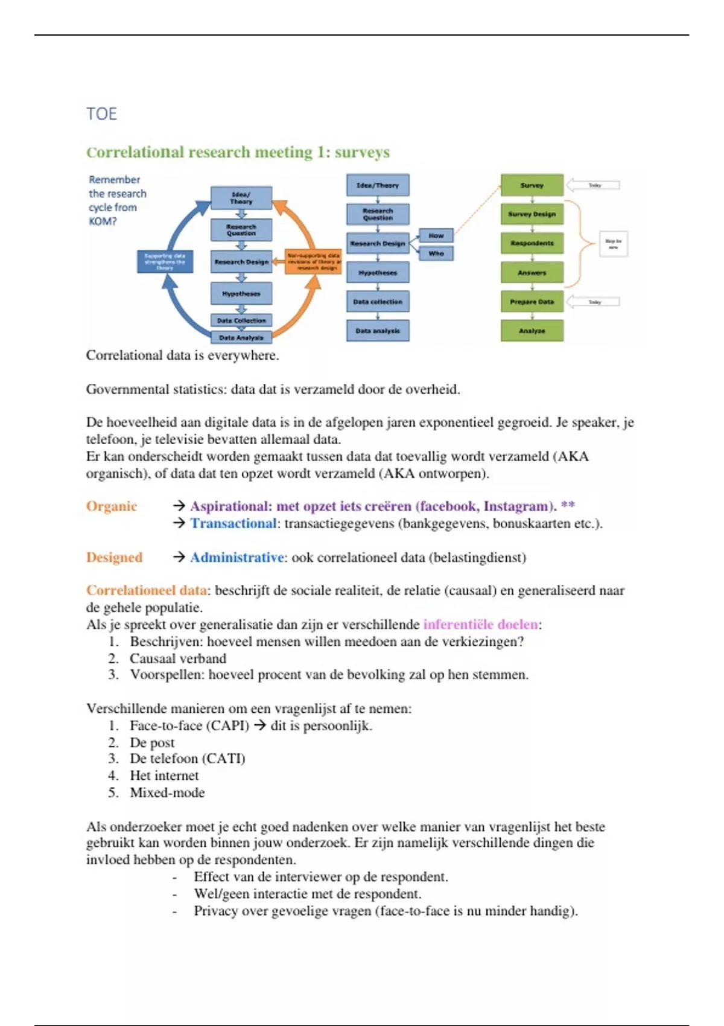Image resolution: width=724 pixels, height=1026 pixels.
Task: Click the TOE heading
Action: click(x=101, y=113)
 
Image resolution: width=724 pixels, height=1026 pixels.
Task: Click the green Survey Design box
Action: click(x=532, y=214)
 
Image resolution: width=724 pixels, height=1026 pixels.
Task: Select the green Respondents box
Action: click(x=532, y=243)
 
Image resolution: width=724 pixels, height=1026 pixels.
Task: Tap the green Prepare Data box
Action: click(x=532, y=302)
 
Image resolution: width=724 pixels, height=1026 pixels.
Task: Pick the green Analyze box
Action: click(x=532, y=331)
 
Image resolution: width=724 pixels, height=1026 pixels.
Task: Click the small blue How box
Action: click(x=436, y=235)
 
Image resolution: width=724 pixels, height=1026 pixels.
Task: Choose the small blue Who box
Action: click(x=436, y=253)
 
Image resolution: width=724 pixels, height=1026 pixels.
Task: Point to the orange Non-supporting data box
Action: click(x=313, y=261)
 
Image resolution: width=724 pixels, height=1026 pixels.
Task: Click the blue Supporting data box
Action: click(x=165, y=261)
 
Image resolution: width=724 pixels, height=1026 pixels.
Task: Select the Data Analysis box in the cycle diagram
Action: click(x=241, y=337)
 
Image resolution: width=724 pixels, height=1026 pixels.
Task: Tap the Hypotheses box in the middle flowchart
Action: click(x=378, y=273)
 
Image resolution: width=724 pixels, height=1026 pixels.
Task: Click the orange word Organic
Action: click(x=112, y=506)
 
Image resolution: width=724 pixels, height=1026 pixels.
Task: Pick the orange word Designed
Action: click(x=114, y=558)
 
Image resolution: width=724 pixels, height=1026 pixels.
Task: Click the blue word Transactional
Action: click(x=233, y=523)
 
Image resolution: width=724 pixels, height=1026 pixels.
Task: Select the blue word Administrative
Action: click(x=237, y=558)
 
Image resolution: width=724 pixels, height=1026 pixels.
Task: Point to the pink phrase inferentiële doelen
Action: click(x=480, y=625)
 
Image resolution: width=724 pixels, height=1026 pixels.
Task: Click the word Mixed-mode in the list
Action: click(x=167, y=792)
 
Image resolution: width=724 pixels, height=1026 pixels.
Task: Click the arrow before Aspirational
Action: click(x=179, y=506)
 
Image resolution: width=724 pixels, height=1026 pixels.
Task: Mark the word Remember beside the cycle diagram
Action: click(x=114, y=180)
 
